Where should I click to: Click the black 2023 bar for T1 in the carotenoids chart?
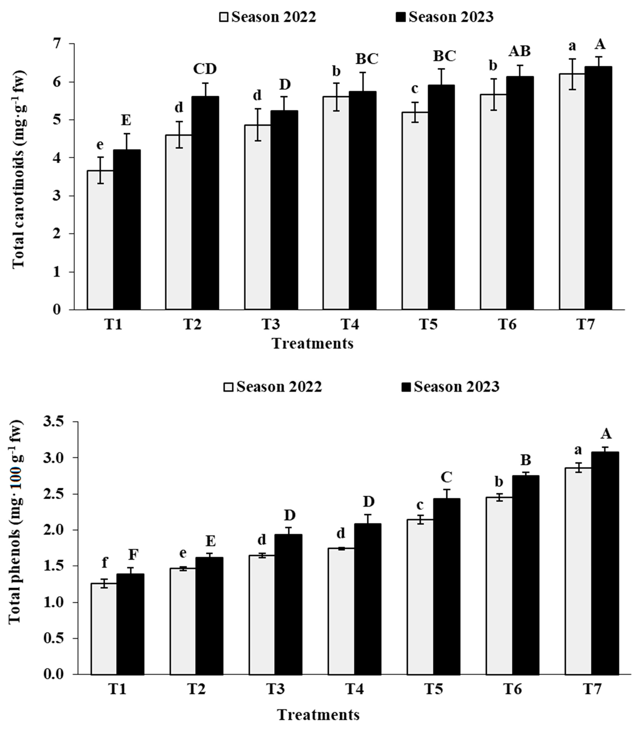[x=127, y=230]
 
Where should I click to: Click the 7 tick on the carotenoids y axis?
[x=57, y=44]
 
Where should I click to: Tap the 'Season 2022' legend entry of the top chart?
[x=268, y=17]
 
